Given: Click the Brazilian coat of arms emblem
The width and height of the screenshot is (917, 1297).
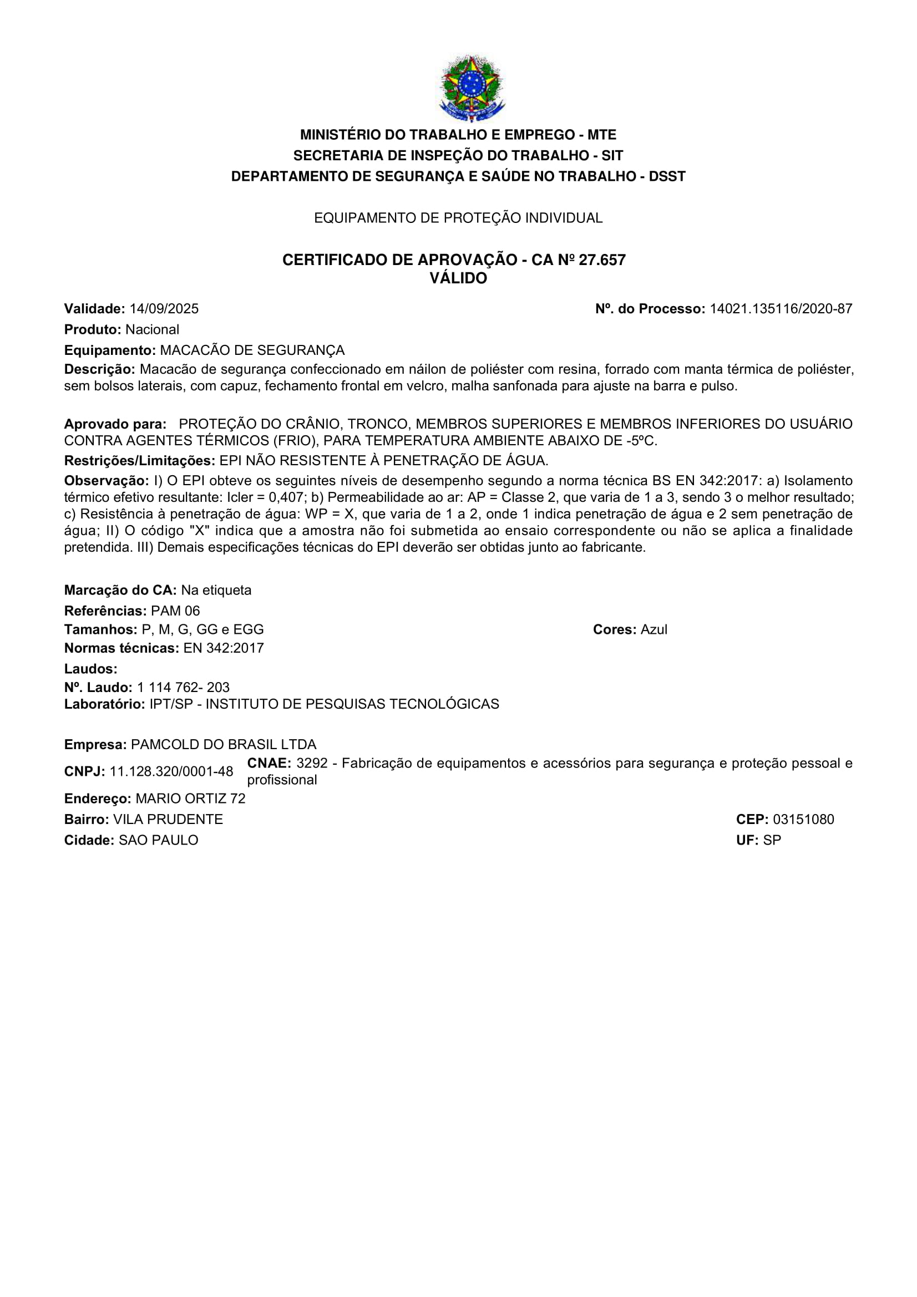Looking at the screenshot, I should tap(471, 88).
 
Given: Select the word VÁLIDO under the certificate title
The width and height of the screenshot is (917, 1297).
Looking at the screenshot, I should tap(458, 278).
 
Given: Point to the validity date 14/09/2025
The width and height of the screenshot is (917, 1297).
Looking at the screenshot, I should tap(164, 309).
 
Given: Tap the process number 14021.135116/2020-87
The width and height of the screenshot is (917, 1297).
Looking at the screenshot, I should tap(781, 309).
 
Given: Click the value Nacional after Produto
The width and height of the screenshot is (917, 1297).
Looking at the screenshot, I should tap(152, 329).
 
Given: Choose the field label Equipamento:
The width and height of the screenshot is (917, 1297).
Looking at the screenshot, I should tap(110, 350).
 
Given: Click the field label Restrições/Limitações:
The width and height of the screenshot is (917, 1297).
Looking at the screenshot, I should tap(140, 460).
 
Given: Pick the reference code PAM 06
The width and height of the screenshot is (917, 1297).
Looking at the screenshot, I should tap(175, 611).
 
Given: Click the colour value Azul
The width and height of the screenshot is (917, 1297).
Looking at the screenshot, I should tap(653, 629).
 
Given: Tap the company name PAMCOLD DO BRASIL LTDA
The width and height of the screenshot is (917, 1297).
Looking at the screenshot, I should tap(223, 745).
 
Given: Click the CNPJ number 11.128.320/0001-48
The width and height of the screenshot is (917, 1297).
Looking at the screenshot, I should tap(171, 772).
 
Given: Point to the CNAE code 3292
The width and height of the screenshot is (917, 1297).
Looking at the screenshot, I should tap(312, 763).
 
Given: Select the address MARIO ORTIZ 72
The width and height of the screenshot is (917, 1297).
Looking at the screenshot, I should tap(190, 798).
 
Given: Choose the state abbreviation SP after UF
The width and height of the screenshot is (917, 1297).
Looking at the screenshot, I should tap(772, 840).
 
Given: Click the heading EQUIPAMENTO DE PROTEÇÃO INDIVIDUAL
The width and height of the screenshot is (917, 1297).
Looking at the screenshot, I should tap(458, 218).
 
